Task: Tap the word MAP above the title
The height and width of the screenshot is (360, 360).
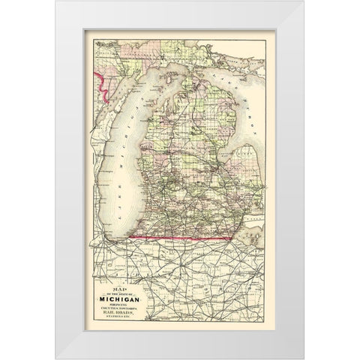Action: (x=114, y=274)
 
